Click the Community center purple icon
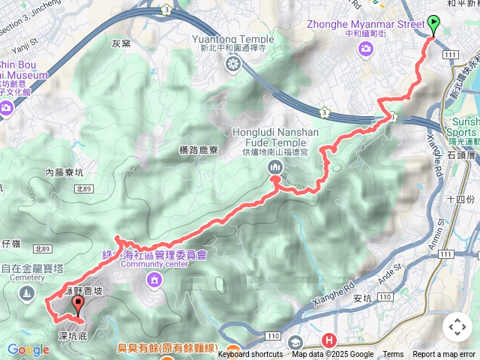pos(154,280)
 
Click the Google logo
pos(28,349)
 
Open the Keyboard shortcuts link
pos(250,355)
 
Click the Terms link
pos(393,355)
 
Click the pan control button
pos(457,327)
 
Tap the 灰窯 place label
pos(121,43)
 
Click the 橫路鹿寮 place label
pos(199,150)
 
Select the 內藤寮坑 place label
pos(65,172)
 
